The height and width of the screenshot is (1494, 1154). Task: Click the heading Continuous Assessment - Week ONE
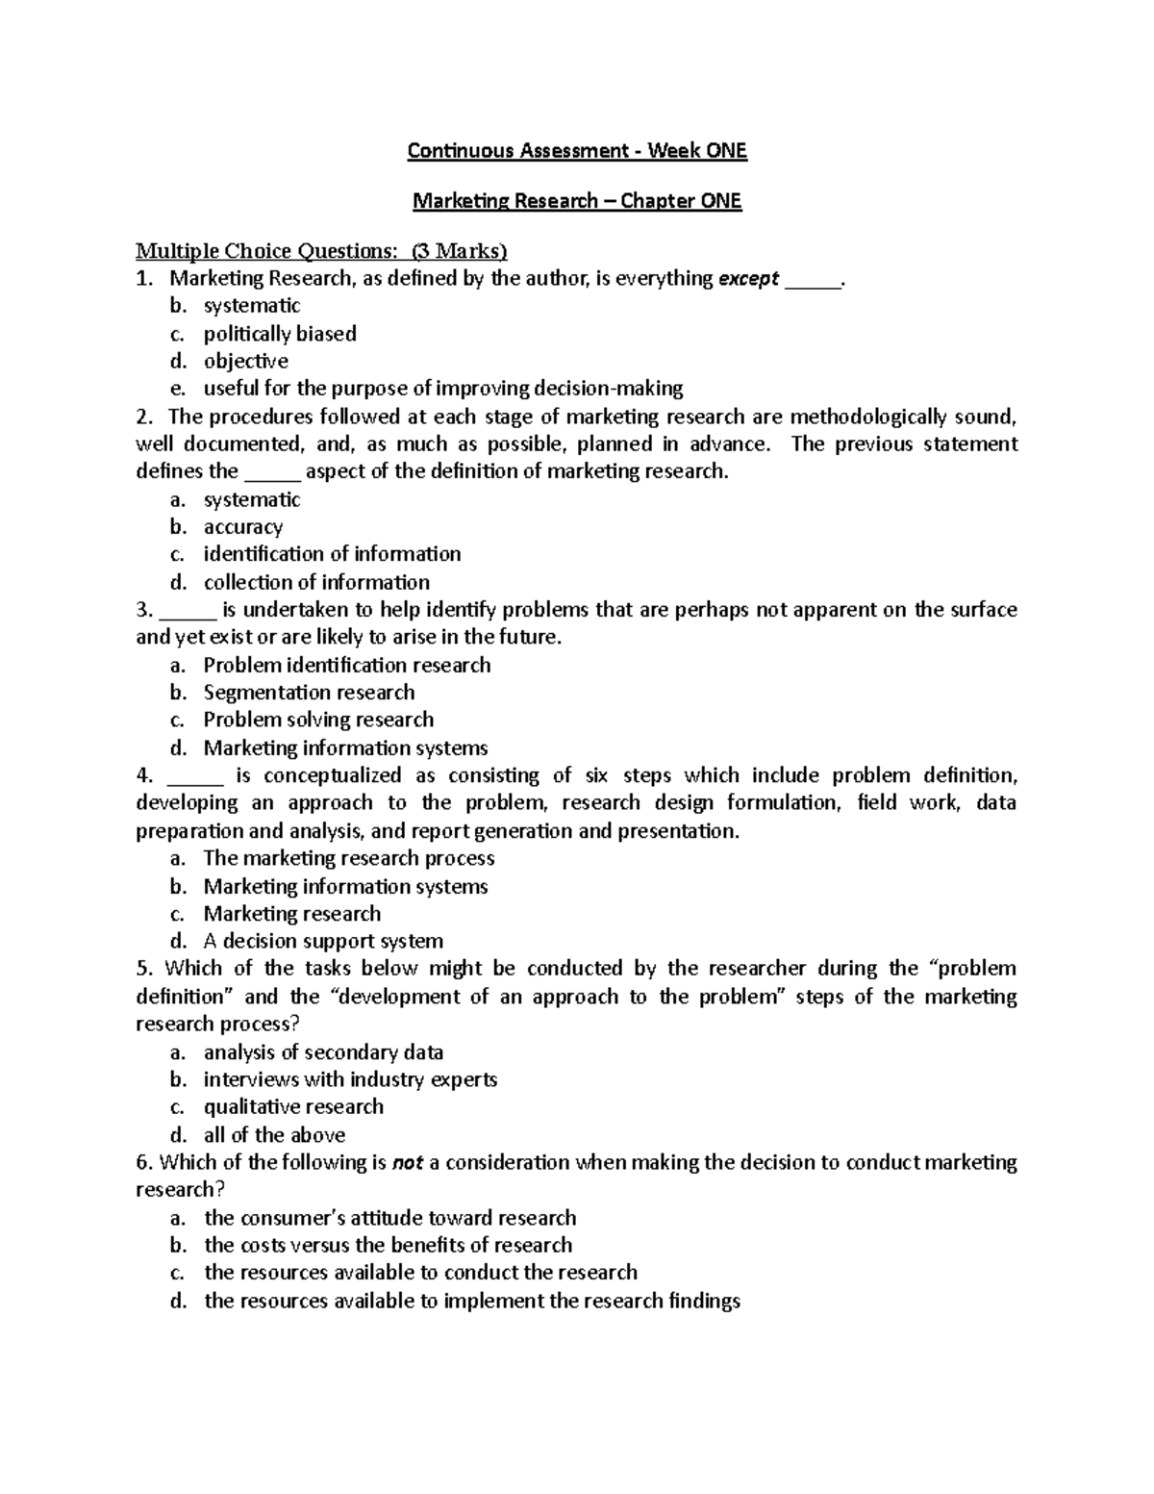click(577, 151)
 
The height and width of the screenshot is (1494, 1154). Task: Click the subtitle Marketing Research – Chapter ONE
click(577, 201)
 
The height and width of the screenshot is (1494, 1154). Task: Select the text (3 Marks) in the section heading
click(459, 252)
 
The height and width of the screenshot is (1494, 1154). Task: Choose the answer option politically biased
click(280, 334)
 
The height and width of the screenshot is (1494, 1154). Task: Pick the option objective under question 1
click(245, 362)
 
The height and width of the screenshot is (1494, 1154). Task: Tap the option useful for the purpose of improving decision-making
click(442, 389)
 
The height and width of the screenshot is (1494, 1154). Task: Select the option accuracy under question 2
click(242, 527)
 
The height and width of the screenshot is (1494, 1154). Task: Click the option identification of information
click(332, 554)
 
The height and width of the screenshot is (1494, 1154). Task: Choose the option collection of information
click(316, 582)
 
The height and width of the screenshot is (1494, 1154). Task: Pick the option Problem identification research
click(346, 666)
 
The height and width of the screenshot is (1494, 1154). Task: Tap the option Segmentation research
click(309, 693)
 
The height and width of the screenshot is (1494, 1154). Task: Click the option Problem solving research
click(318, 721)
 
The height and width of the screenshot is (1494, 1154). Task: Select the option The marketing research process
click(349, 858)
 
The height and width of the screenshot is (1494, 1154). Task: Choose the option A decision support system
click(323, 942)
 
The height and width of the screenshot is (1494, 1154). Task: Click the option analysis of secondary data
click(323, 1052)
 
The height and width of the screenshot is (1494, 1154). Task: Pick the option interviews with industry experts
click(350, 1079)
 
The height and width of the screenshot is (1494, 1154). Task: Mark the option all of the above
click(274, 1135)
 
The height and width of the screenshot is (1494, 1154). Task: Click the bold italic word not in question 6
click(408, 1163)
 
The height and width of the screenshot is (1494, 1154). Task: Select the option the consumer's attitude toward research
click(389, 1218)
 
